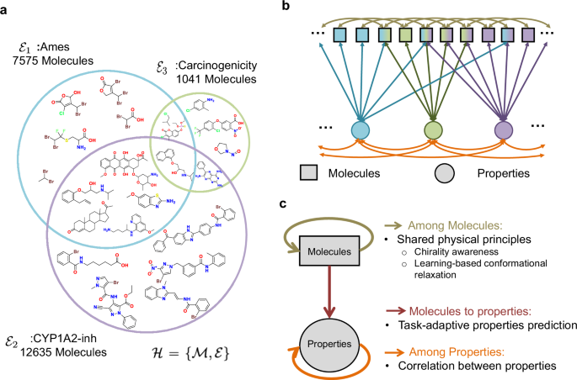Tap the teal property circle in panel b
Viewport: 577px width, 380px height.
point(361,131)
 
